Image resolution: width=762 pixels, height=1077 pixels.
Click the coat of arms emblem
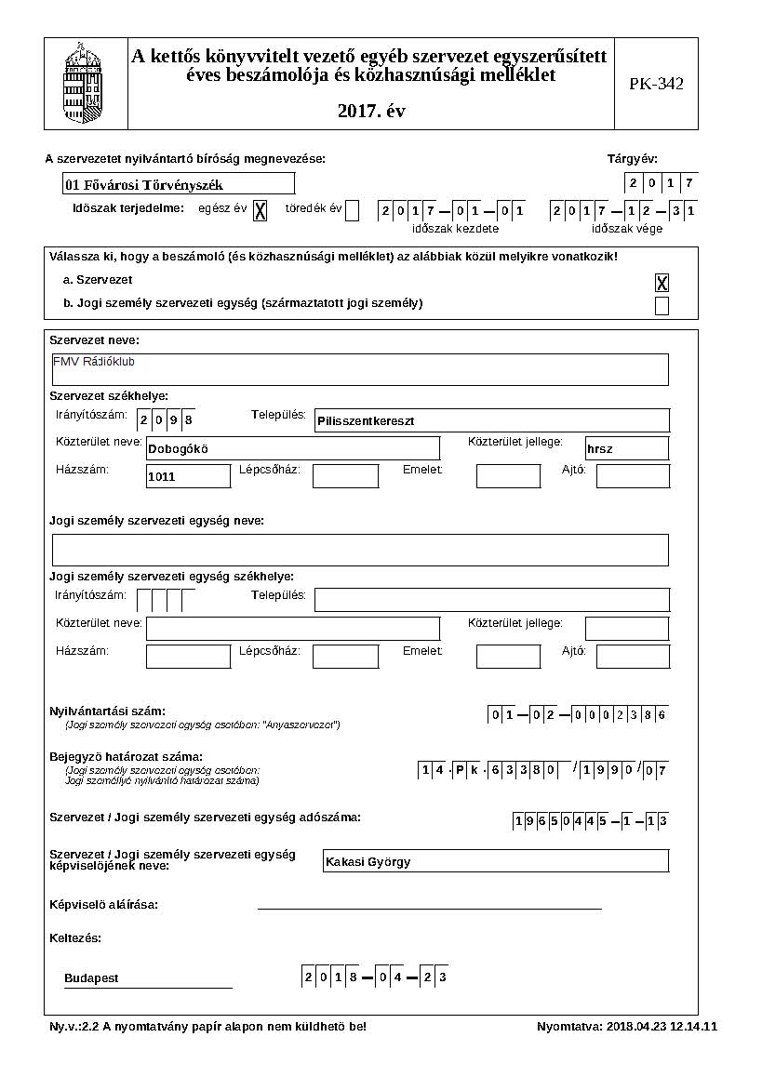click(87, 84)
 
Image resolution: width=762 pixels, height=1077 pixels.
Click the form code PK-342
click(656, 84)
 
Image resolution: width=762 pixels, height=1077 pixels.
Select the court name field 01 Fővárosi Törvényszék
click(179, 184)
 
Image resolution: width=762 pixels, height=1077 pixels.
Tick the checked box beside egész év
click(261, 210)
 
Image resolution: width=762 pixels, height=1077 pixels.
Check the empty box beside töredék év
click(352, 210)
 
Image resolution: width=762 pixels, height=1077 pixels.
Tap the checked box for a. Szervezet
click(662, 283)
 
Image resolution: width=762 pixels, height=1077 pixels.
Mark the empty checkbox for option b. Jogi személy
click(662, 306)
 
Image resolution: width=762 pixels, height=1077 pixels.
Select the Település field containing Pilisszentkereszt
click(492, 420)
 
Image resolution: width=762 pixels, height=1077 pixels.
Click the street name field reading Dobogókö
click(279, 448)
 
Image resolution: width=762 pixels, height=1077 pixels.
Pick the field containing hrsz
click(626, 448)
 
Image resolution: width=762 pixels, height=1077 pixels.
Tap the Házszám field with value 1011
click(188, 476)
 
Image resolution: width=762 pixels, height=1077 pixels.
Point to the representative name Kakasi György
click(495, 861)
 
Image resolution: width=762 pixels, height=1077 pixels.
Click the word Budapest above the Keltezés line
click(91, 978)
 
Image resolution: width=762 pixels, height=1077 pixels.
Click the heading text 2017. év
click(371, 112)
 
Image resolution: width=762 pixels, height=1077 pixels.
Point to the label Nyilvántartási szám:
click(107, 711)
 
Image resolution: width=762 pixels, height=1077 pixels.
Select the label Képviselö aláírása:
click(103, 904)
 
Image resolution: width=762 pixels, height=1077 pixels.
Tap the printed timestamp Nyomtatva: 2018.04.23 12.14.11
click(626, 1027)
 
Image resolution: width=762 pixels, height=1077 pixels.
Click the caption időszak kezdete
click(455, 229)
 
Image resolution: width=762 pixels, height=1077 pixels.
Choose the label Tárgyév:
click(632, 159)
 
